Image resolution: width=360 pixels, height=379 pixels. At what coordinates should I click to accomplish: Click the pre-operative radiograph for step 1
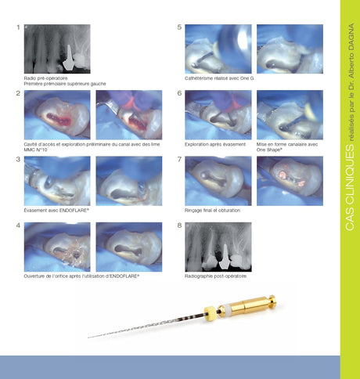pyautogui.click(x=57, y=49)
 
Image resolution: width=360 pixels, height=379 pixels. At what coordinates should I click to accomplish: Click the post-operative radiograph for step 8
pyautogui.click(x=218, y=247)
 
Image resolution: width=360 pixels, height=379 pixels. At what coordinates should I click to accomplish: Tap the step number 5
pyautogui.click(x=179, y=27)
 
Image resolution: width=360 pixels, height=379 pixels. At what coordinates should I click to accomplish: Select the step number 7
pyautogui.click(x=179, y=160)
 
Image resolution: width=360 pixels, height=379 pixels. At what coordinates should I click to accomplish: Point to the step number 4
pyautogui.click(x=18, y=226)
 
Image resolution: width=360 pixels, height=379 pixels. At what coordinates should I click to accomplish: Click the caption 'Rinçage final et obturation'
pyautogui.click(x=212, y=211)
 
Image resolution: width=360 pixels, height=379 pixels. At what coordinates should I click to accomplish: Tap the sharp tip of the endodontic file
pyautogui.click(x=89, y=337)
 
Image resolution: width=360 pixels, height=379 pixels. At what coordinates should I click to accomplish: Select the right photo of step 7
pyautogui.click(x=290, y=180)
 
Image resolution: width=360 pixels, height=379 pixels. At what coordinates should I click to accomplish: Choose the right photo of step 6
pyautogui.click(x=290, y=114)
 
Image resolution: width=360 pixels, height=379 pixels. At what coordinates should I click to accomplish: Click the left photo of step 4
pyautogui.click(x=57, y=247)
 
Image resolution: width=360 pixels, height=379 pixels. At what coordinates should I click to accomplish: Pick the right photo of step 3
pyautogui.click(x=128, y=180)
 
